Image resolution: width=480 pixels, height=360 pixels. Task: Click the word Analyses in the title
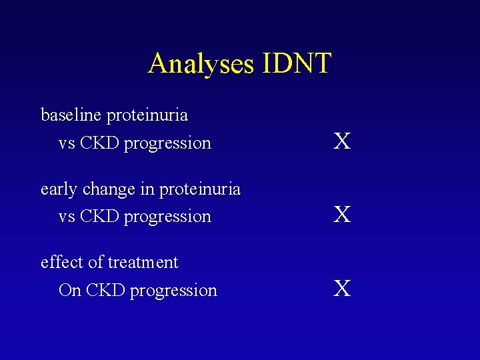coord(201,64)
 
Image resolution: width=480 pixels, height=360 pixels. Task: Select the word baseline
coord(71,115)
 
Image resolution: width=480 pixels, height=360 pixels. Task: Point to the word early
coord(59,190)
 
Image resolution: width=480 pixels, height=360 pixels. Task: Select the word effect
coord(61,263)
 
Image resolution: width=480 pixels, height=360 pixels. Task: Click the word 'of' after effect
coord(94,263)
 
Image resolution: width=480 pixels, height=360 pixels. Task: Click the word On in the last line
coord(69,291)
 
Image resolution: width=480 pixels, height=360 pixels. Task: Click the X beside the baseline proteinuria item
coord(342,141)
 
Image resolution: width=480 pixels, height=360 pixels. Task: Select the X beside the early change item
coord(342,215)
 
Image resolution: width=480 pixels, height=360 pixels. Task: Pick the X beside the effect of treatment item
coord(342,289)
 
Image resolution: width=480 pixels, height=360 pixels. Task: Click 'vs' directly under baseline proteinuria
coord(67,144)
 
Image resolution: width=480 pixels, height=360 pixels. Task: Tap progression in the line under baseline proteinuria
coord(167,144)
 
